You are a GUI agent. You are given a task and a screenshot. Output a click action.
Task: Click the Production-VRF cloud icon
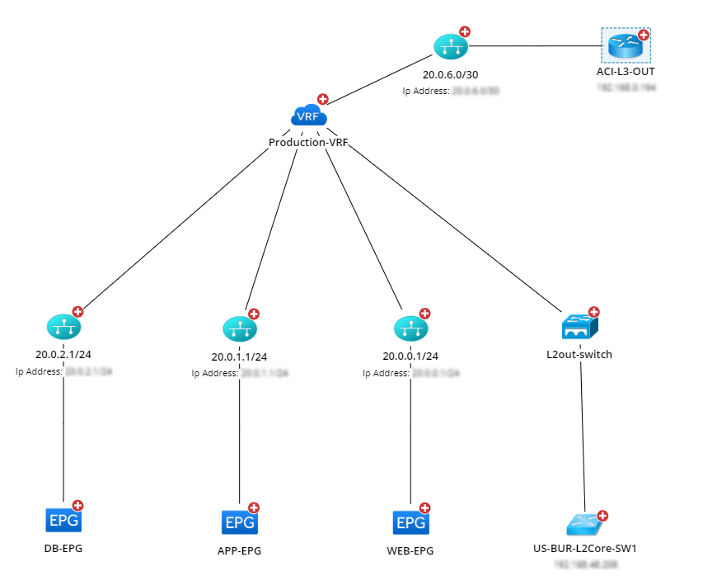tap(307, 116)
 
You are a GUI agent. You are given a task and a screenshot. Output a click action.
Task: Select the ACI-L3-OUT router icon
tap(625, 47)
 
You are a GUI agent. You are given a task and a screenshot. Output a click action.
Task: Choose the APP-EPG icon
tap(239, 522)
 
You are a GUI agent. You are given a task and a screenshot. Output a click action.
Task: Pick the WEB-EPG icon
tap(410, 522)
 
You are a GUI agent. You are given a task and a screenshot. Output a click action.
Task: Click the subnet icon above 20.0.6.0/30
tap(450, 47)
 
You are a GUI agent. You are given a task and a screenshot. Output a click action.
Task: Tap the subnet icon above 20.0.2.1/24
tap(63, 328)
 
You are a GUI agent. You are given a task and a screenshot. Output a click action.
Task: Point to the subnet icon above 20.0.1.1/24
tap(239, 329)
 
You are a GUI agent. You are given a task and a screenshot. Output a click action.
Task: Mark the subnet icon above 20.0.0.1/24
tap(410, 329)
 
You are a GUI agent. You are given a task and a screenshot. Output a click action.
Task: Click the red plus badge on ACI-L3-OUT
tap(644, 35)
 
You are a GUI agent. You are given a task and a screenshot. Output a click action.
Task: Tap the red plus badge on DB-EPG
tap(78, 505)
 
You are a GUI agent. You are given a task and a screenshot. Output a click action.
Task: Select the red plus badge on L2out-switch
tap(594, 313)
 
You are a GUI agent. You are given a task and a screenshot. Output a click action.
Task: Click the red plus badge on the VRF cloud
tap(322, 99)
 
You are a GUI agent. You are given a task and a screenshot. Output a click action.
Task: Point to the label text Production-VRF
tap(308, 142)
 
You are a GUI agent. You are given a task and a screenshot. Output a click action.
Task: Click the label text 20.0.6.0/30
tap(451, 75)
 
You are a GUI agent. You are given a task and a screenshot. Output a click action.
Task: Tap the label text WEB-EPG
tap(410, 551)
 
